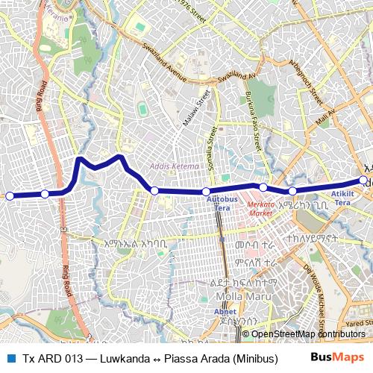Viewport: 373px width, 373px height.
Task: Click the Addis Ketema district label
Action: [x=175, y=166]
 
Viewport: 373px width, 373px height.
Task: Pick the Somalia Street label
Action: [x=212, y=150]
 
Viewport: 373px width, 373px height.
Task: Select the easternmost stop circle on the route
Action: [x=363, y=180]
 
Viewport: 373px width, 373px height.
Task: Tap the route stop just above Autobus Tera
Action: [x=206, y=192]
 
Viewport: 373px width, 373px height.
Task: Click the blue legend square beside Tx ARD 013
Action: [x=10, y=357]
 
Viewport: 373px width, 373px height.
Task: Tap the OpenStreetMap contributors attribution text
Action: [x=308, y=333]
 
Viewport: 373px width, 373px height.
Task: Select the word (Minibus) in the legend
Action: [x=251, y=357]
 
